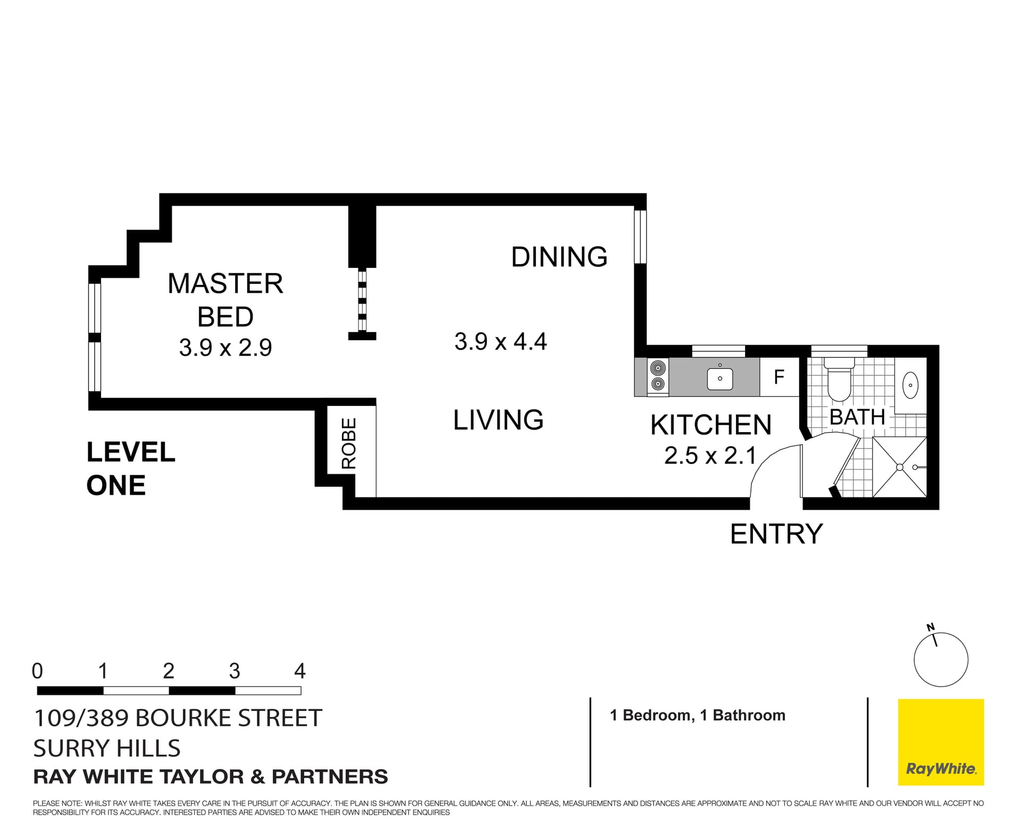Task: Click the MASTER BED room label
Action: click(225, 300)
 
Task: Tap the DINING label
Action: click(559, 257)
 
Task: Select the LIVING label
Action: click(498, 420)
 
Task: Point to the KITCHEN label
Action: click(710, 425)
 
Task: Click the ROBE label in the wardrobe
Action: click(348, 443)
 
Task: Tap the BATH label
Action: click(857, 417)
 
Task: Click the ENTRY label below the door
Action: click(776, 534)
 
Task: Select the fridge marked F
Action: click(779, 377)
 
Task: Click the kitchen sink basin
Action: click(720, 379)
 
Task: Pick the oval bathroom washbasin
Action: click(911, 385)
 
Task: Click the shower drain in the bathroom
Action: click(900, 467)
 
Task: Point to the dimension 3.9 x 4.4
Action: click(500, 341)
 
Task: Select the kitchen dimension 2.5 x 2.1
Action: click(710, 456)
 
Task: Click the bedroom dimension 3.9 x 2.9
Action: click(225, 348)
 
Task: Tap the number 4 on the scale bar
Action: click(300, 671)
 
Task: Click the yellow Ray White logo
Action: click(941, 742)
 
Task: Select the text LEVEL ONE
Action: click(131, 469)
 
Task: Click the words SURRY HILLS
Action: click(107, 748)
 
